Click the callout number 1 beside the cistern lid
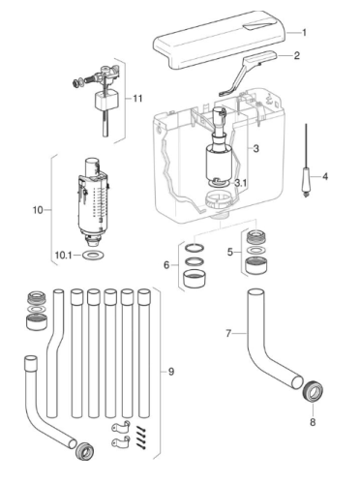point(304,33)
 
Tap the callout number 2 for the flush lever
point(297,55)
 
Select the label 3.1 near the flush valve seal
point(241,183)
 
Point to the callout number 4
point(325,176)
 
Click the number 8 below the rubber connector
point(313,422)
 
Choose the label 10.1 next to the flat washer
point(63,255)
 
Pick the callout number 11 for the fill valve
point(137,98)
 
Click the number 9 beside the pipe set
point(171,372)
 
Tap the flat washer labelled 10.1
point(93,255)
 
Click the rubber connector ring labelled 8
point(313,391)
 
